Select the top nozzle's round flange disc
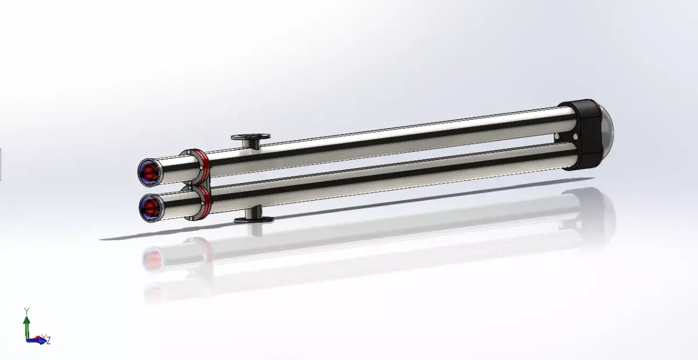pyautogui.click(x=251, y=137)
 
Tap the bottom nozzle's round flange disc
pyautogui.click(x=254, y=220)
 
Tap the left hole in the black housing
pyautogui.click(x=558, y=138)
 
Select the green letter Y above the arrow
pyautogui.click(x=26, y=311)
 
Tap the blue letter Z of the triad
pyautogui.click(x=48, y=341)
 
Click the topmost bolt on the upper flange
pyautogui.click(x=187, y=152)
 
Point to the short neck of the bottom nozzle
pyautogui.click(x=254, y=213)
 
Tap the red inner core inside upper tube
pyautogui.click(x=152, y=171)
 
